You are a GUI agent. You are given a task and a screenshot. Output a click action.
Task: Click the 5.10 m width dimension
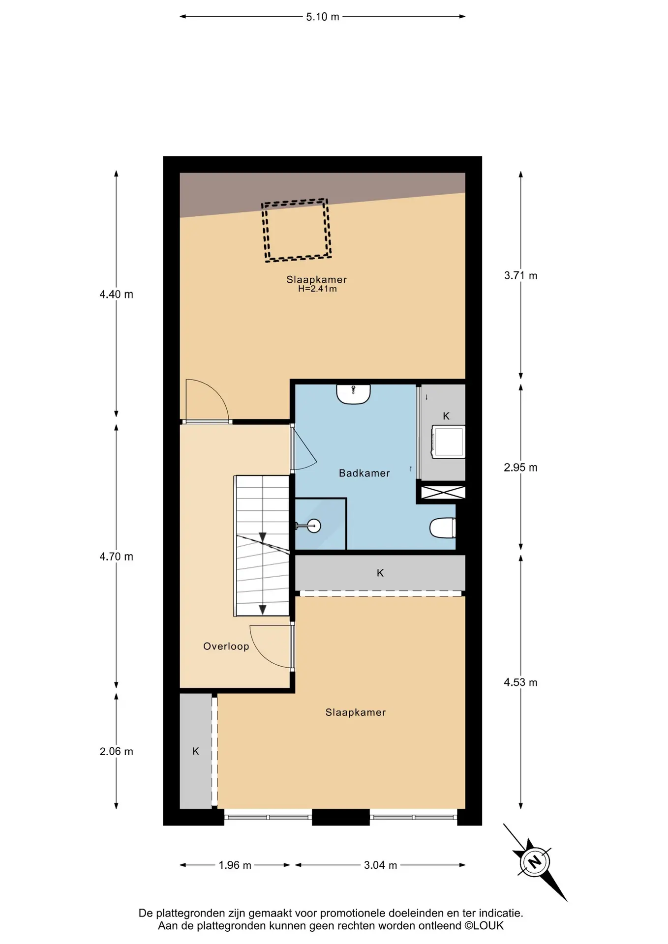click(x=323, y=17)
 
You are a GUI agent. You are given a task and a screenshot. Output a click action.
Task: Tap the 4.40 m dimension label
click(x=117, y=295)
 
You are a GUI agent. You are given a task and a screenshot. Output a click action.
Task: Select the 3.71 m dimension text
click(x=520, y=276)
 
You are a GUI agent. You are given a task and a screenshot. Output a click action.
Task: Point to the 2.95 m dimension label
click(x=520, y=468)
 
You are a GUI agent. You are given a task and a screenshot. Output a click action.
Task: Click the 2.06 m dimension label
click(x=117, y=751)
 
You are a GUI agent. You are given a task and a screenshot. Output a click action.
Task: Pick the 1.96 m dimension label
click(x=235, y=865)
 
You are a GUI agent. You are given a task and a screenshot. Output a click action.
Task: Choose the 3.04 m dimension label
click(x=380, y=865)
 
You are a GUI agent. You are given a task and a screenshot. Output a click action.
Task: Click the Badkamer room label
click(x=364, y=473)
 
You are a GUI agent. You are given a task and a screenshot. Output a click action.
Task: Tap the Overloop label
click(x=226, y=646)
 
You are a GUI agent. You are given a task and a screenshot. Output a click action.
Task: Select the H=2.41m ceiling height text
click(x=317, y=289)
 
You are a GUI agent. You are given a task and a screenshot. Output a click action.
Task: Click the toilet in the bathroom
click(x=443, y=528)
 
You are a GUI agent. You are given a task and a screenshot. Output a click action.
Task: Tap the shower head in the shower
click(x=313, y=526)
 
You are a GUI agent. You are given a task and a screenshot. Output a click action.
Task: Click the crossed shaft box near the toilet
click(x=443, y=492)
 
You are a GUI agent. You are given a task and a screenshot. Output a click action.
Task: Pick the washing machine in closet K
click(x=448, y=442)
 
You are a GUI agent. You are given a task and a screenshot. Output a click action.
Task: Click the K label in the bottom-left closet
click(x=196, y=751)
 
